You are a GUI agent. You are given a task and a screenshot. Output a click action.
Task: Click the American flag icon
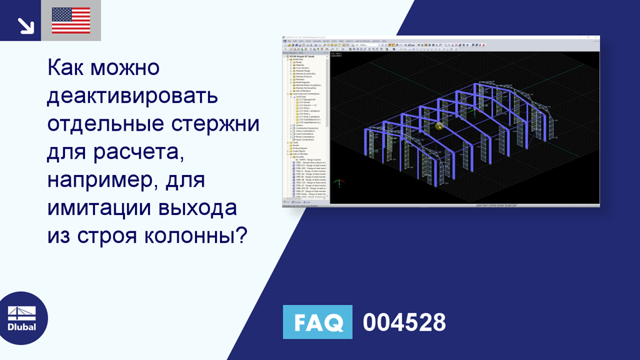pos(71,21)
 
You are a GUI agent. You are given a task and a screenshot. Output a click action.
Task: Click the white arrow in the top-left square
pos(25,25)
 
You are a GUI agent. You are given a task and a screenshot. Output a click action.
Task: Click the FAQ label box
pos(317,322)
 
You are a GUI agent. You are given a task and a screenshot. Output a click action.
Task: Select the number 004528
pos(404,322)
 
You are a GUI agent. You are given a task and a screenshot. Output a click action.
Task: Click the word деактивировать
pos(132,96)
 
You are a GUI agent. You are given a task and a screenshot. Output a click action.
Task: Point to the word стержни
pos(216,123)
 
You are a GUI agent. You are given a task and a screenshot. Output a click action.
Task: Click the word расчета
pos(151,151)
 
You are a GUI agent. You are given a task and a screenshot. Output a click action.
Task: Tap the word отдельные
pos(106,123)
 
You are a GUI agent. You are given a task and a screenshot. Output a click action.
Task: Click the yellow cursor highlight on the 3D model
pos(439,126)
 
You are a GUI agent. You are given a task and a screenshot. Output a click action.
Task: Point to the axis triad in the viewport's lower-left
pos(338,184)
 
